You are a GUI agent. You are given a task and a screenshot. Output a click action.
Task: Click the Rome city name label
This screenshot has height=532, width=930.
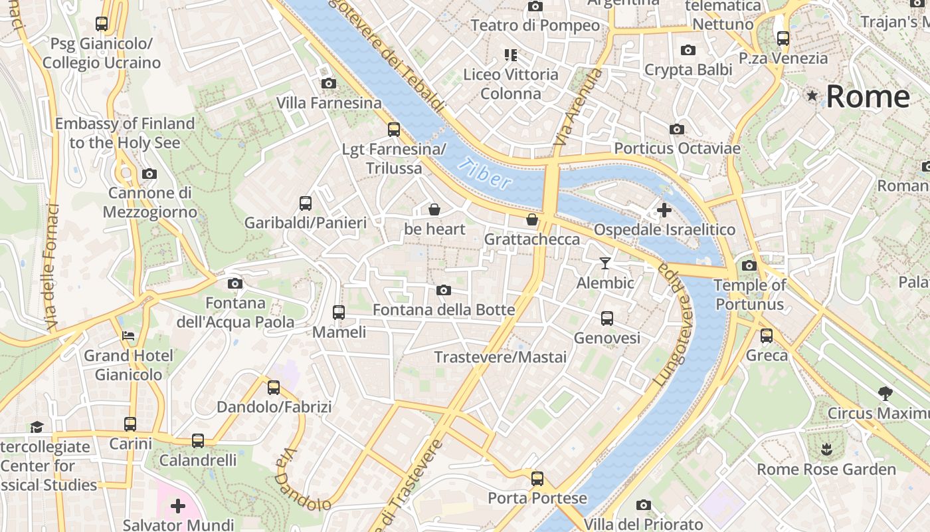pyautogui.click(x=868, y=96)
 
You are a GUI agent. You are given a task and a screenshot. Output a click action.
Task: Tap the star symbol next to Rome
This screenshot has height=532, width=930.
pyautogui.click(x=812, y=96)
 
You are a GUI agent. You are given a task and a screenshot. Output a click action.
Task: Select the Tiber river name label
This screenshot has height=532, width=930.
pyautogui.click(x=488, y=174)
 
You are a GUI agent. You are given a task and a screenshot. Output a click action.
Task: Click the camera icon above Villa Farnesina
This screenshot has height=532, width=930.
pyautogui.click(x=328, y=83)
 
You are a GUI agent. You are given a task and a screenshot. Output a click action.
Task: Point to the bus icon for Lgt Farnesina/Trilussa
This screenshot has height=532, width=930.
pyautogui.click(x=394, y=129)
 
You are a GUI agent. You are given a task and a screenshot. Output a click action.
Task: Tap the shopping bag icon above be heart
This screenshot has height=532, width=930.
pyautogui.click(x=434, y=209)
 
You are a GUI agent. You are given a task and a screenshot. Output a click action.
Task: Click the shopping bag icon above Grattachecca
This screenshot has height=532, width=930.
pyautogui.click(x=531, y=219)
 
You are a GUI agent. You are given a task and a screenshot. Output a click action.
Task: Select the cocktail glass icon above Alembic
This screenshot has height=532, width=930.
pyautogui.click(x=604, y=263)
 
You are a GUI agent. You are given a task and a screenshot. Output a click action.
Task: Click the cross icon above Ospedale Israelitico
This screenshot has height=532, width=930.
pyautogui.click(x=664, y=210)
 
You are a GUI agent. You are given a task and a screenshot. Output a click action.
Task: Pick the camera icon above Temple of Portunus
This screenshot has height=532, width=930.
pyautogui.click(x=749, y=265)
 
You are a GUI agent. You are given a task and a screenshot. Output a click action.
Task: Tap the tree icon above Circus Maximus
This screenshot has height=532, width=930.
pyautogui.click(x=885, y=393)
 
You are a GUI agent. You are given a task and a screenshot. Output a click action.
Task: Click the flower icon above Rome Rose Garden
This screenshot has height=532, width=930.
pyautogui.click(x=826, y=450)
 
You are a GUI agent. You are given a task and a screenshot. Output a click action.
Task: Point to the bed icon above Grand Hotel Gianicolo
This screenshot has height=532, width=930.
pyautogui.click(x=128, y=336)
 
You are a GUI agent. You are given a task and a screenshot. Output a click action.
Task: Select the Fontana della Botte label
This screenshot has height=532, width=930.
pyautogui.click(x=444, y=310)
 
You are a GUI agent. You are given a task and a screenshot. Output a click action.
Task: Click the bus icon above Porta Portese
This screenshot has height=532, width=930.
pyautogui.click(x=537, y=478)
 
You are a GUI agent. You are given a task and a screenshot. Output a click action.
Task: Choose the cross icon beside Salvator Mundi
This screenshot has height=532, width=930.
pyautogui.click(x=177, y=506)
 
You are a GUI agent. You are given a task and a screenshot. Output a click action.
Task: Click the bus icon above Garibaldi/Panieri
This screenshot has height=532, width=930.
pyautogui.click(x=306, y=203)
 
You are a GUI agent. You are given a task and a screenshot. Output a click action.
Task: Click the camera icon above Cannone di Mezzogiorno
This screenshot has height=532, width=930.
pyautogui.click(x=149, y=174)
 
